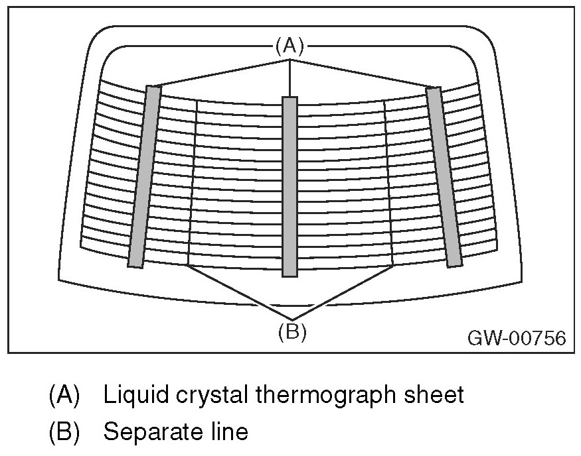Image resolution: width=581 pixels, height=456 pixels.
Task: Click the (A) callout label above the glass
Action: tap(290, 46)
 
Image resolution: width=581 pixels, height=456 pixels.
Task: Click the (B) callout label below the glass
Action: tap(291, 332)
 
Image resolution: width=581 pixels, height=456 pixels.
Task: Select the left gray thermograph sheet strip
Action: tap(145, 176)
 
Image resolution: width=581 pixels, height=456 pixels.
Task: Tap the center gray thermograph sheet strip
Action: tap(290, 186)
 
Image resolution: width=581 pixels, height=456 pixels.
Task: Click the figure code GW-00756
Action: tap(517, 339)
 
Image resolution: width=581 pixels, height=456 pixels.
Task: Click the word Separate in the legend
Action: tap(147, 433)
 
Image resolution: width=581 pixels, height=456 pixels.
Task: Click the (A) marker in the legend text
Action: tap(64, 396)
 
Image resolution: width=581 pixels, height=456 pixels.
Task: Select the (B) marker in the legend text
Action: tap(64, 432)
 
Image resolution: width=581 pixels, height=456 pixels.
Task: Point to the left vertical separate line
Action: tap(193, 179)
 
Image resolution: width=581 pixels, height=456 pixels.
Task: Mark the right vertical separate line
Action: tap(390, 179)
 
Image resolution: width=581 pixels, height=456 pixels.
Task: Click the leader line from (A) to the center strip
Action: tap(290, 78)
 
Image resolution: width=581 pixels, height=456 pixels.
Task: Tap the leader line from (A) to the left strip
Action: tap(222, 72)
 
